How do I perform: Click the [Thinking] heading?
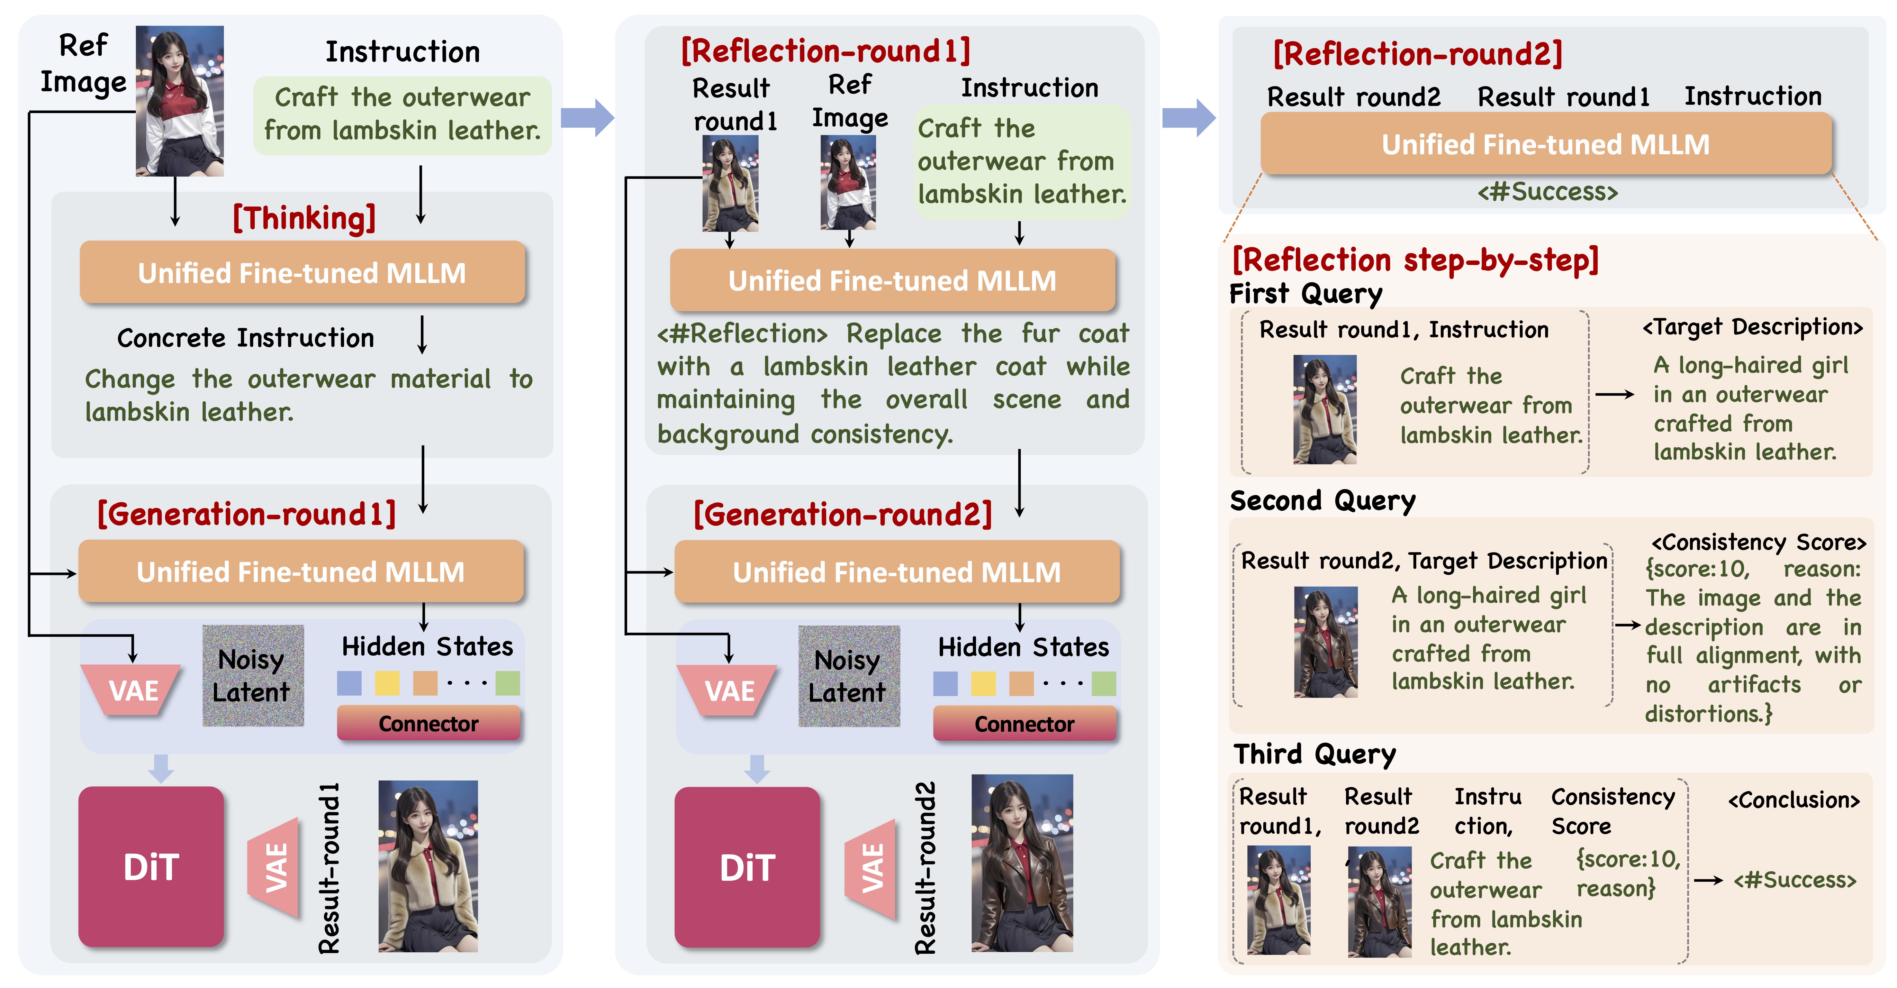(x=304, y=219)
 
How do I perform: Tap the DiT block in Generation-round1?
(x=151, y=867)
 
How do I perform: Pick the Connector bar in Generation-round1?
(x=428, y=724)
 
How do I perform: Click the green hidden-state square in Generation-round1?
(x=507, y=683)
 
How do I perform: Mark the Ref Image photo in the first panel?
(x=180, y=101)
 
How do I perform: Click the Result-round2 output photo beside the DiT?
(x=1022, y=863)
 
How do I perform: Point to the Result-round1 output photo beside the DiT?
(x=428, y=866)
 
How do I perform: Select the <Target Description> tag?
(x=1753, y=327)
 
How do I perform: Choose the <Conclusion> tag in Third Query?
(x=1794, y=800)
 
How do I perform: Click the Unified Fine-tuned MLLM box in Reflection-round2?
(x=1546, y=144)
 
